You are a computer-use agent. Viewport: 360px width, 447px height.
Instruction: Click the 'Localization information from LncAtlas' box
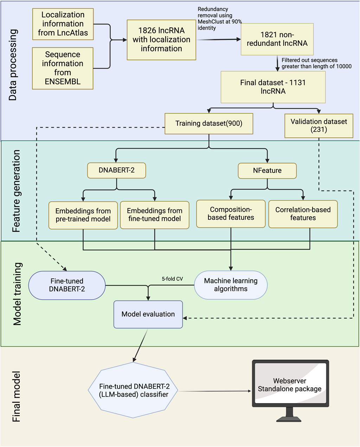point(63,24)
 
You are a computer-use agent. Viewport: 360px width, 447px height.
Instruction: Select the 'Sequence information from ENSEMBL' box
point(63,68)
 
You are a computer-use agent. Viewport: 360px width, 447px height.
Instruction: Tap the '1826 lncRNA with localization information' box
point(161,40)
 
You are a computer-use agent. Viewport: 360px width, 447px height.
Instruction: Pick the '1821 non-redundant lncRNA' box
point(277,39)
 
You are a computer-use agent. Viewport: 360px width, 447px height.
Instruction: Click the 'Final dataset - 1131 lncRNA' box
point(273,87)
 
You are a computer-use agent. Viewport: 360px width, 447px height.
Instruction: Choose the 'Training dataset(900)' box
point(209,124)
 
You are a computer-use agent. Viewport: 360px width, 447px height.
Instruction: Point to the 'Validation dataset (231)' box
point(319,126)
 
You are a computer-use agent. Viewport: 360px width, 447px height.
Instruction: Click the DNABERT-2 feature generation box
point(117,170)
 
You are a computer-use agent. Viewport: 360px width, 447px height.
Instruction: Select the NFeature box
point(267,171)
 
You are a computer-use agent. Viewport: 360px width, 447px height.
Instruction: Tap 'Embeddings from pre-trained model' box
point(83,215)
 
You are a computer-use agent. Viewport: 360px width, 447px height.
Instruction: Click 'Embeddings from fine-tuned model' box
point(155,215)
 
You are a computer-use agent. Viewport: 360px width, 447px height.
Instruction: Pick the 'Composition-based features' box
point(231,214)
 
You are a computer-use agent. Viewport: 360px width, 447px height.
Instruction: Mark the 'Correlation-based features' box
point(303,214)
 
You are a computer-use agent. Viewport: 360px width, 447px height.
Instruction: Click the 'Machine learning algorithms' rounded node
point(231,285)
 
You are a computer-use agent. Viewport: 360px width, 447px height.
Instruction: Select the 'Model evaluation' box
point(148,314)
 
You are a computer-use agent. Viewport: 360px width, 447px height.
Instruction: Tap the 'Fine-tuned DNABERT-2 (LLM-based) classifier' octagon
point(133,390)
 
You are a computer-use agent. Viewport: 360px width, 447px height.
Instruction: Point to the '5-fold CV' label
point(172,279)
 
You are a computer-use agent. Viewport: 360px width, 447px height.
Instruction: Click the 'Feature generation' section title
point(16,191)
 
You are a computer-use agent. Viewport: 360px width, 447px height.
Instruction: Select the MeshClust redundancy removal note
point(219,19)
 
